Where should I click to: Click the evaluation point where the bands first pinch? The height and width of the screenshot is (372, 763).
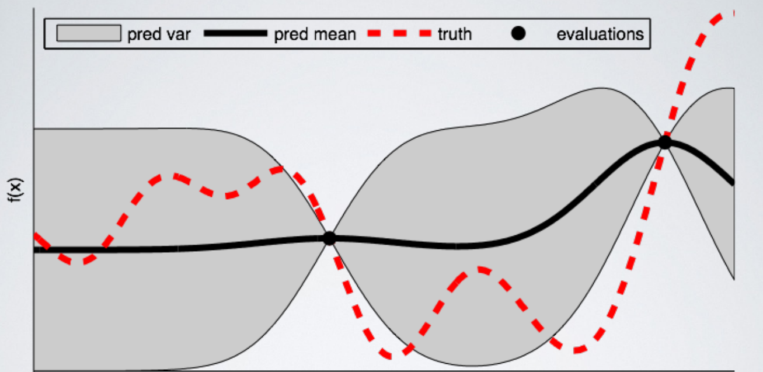[329, 238]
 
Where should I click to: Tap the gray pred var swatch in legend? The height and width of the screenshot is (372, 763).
[88, 34]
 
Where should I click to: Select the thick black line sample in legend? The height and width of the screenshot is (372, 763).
[235, 34]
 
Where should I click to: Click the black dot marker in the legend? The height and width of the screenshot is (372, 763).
[518, 34]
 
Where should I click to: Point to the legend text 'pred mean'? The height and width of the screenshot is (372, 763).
[315, 34]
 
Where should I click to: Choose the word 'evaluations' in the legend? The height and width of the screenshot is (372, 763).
[600, 34]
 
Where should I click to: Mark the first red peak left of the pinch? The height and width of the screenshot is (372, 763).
[171, 176]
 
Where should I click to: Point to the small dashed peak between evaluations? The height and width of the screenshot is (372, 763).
[480, 270]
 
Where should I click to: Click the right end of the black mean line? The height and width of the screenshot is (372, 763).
[732, 182]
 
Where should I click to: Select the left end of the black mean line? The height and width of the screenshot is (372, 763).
[36, 249]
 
